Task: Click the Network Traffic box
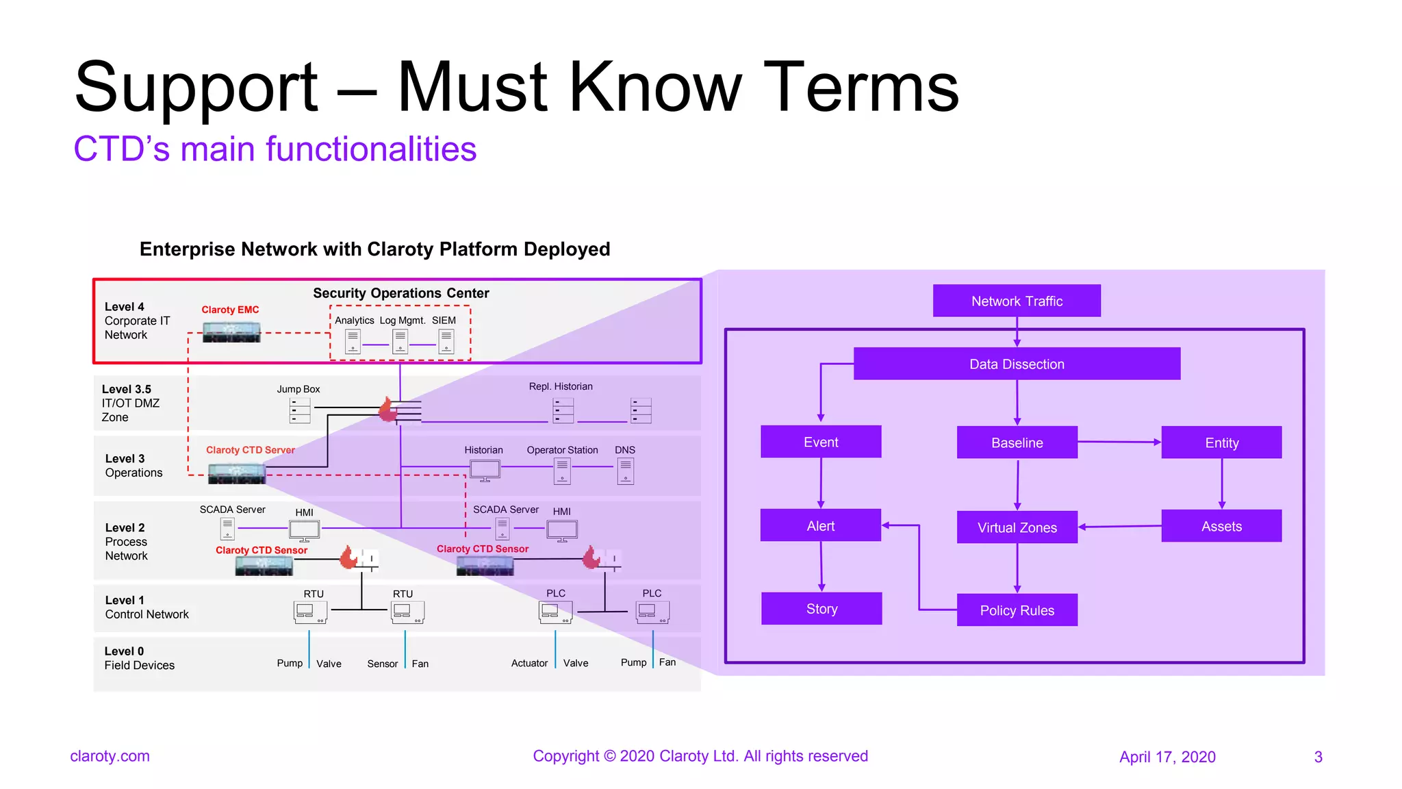click(1017, 301)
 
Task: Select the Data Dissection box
click(1017, 364)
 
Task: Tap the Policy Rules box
click(1017, 610)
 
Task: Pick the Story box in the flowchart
click(821, 609)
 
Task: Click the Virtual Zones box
click(1017, 527)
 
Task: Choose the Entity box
click(1221, 442)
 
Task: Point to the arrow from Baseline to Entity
click(1119, 442)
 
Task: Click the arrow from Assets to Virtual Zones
click(1119, 527)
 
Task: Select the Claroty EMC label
click(230, 310)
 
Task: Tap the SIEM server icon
click(446, 341)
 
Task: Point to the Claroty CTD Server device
click(236, 473)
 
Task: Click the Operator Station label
click(562, 450)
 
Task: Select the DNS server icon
click(625, 471)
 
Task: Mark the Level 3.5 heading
click(127, 389)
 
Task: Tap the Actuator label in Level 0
click(529, 663)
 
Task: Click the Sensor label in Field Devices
click(382, 664)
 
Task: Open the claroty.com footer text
click(110, 756)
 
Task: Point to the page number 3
click(1318, 757)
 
